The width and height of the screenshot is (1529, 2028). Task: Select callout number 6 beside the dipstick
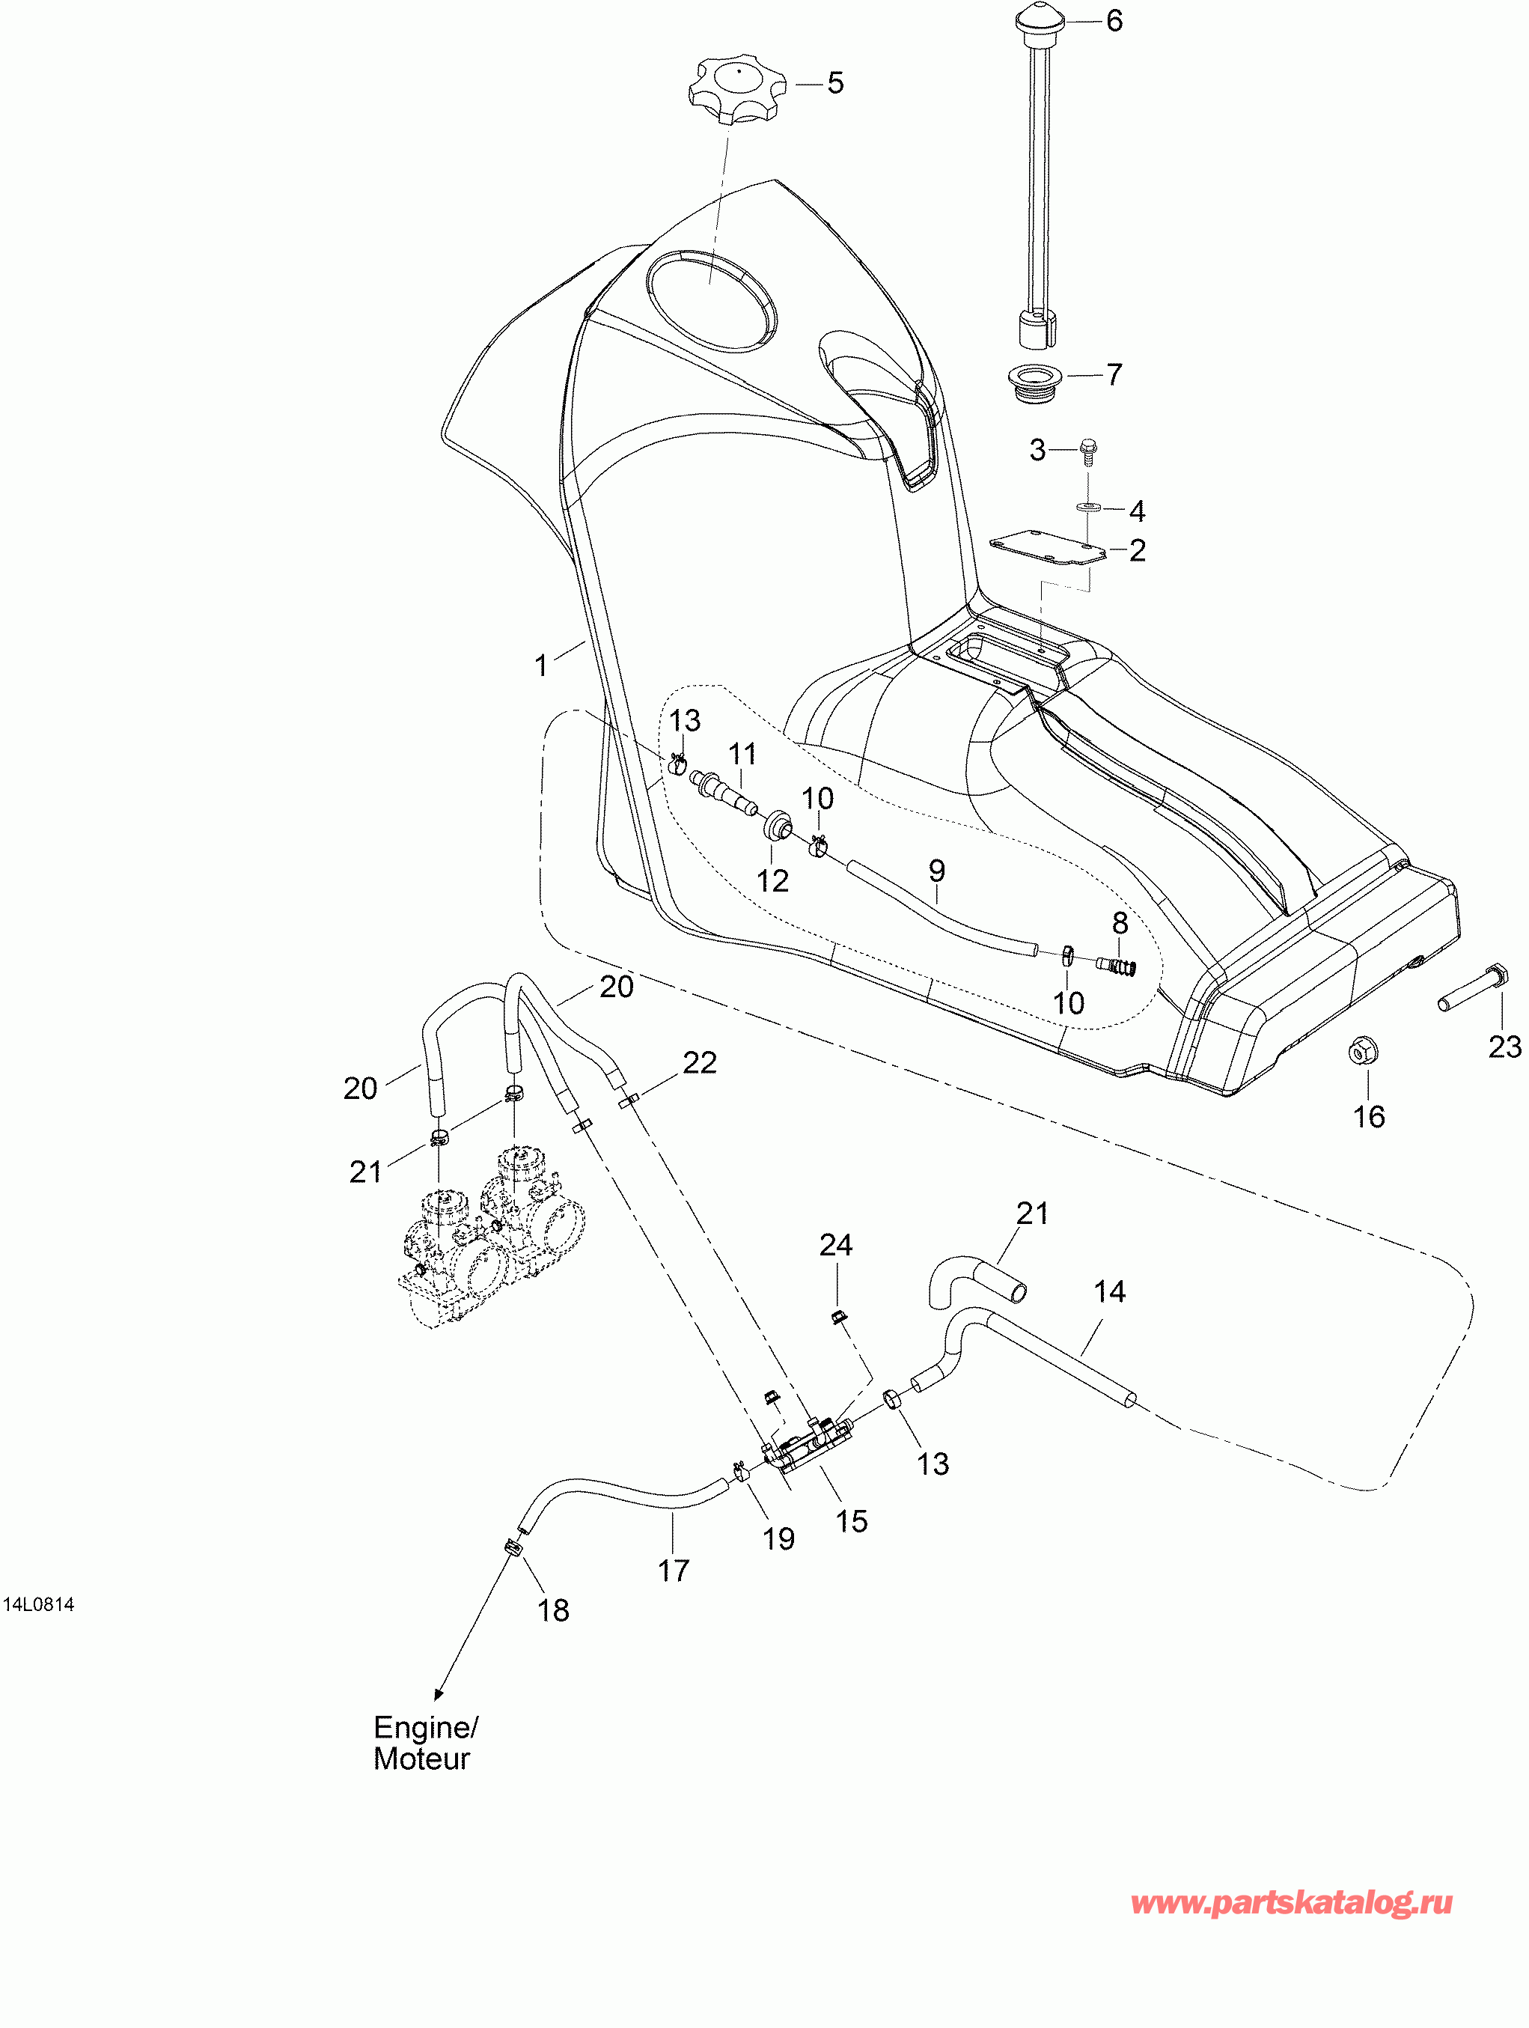pos(1114,21)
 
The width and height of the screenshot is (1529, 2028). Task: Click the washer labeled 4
pos(1089,507)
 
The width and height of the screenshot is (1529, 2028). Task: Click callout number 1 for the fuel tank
pos(542,665)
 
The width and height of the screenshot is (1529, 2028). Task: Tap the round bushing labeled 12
pos(779,824)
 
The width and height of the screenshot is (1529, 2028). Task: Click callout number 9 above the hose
pos(936,870)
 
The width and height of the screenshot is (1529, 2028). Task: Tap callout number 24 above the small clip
pos(836,1244)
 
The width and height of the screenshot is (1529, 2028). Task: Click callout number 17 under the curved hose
pos(673,1571)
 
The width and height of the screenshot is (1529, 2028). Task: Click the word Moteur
pos(421,1758)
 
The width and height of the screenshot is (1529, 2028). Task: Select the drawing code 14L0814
pos(38,1604)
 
